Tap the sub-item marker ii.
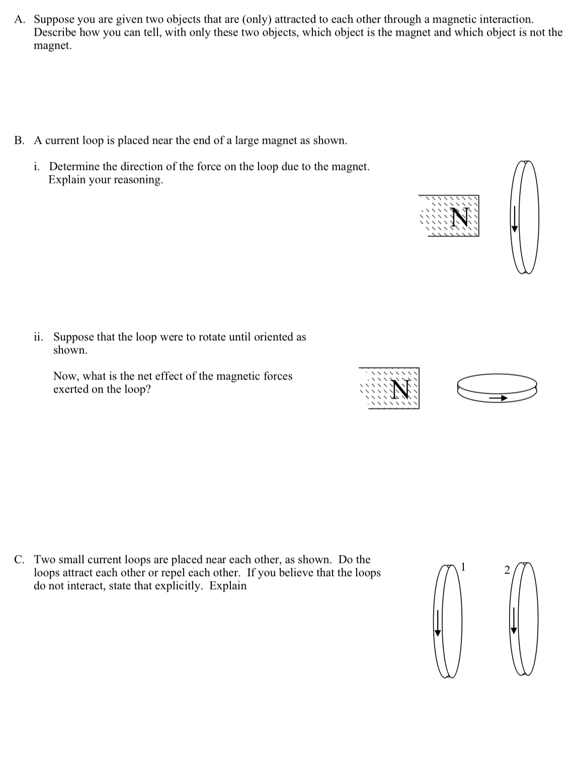point(39,337)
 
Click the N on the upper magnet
point(460,217)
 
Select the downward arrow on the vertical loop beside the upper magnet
point(514,219)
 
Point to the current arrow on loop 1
point(437,623)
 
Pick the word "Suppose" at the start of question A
point(53,20)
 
